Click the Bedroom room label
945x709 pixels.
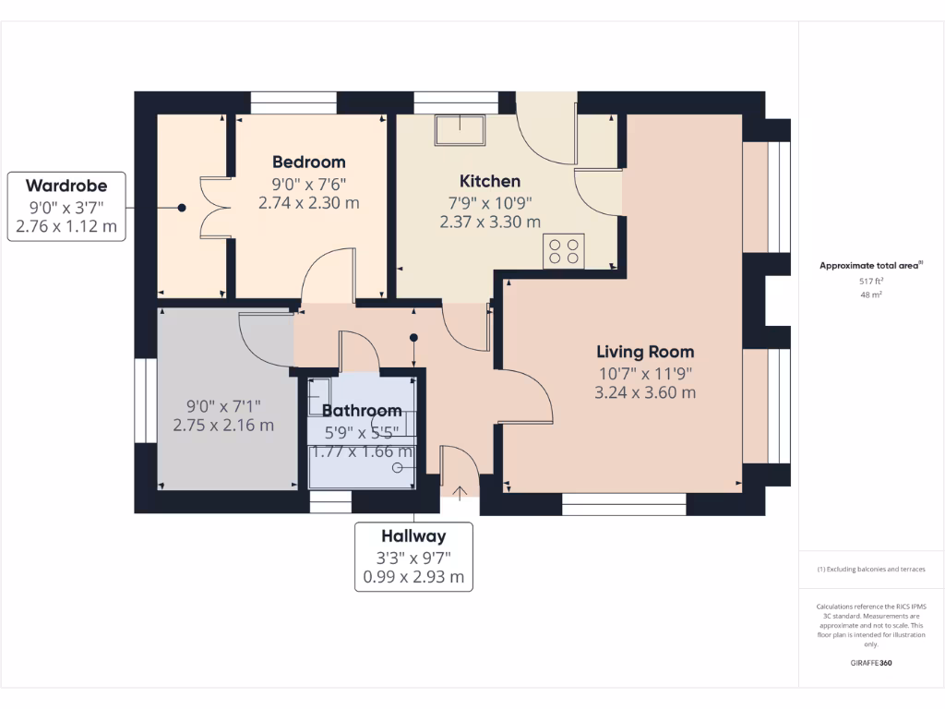click(x=308, y=162)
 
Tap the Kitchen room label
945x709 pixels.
click(x=490, y=181)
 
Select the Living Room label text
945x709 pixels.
click(x=645, y=352)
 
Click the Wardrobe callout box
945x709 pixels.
click(x=66, y=206)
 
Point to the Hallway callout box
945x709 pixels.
click(x=413, y=557)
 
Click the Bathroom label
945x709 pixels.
click(x=361, y=411)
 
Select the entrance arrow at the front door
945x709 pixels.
click(x=461, y=492)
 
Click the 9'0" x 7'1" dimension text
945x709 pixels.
click(x=223, y=405)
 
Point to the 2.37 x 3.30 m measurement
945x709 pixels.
click(x=490, y=222)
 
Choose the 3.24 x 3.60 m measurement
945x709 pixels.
click(x=645, y=392)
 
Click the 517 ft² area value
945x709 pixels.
click(x=871, y=281)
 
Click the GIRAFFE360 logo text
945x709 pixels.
click(x=871, y=663)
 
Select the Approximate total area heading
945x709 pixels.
click(x=870, y=266)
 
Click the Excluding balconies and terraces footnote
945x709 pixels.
click(x=871, y=570)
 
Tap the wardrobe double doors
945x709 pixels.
click(x=215, y=208)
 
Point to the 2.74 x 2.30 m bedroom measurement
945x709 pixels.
click(x=308, y=203)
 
